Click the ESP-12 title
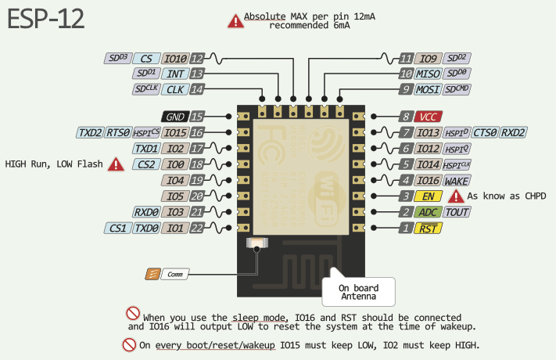[x=46, y=21]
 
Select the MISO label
[x=429, y=74]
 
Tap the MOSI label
[x=429, y=89]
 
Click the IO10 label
[x=175, y=59]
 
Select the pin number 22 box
[x=197, y=228]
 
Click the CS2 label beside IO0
[x=145, y=164]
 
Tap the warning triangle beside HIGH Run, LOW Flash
[x=117, y=164]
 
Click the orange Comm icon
[x=153, y=274]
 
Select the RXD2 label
[x=513, y=132]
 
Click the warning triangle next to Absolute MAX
[x=235, y=21]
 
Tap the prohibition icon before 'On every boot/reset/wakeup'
[x=129, y=344]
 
